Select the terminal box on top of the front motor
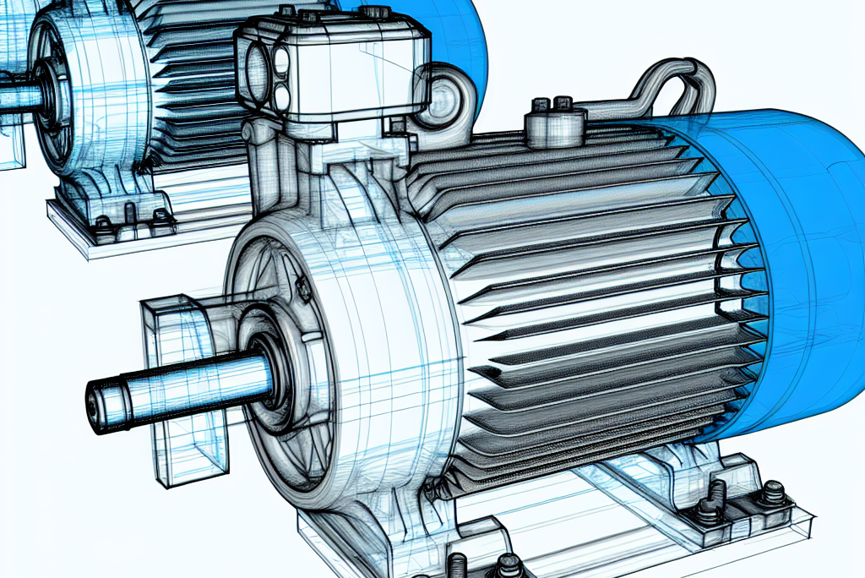point(334,72)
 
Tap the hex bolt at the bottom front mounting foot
point(508,564)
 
